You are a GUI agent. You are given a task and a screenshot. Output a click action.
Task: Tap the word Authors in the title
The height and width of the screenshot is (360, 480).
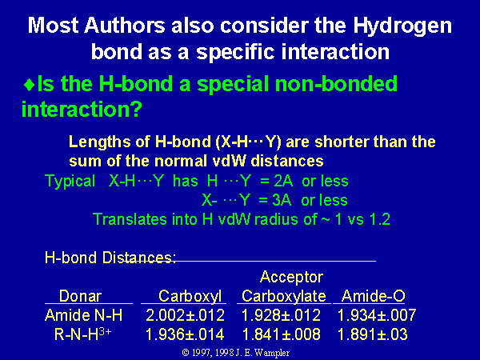point(125,25)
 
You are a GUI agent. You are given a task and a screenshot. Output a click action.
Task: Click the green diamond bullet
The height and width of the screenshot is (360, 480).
point(30,85)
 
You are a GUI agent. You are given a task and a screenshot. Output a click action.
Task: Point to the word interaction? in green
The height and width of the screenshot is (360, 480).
point(82,109)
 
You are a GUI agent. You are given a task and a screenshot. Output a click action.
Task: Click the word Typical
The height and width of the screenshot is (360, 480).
point(70,182)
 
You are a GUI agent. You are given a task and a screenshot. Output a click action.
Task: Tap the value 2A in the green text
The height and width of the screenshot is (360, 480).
point(283,182)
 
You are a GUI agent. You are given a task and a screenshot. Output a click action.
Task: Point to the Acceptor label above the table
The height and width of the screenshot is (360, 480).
point(291,277)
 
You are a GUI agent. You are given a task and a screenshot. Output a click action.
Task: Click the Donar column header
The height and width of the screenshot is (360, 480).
point(80,296)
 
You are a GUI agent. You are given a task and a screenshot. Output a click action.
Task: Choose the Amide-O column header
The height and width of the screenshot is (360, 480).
point(374,296)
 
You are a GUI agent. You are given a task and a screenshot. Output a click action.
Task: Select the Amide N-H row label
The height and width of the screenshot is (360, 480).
point(83,315)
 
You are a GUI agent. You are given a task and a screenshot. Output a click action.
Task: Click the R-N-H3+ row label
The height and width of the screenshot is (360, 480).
point(82,334)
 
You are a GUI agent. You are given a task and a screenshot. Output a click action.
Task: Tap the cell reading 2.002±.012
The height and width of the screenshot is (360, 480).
point(186,315)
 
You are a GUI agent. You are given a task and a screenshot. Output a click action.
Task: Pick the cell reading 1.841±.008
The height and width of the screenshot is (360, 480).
point(282,334)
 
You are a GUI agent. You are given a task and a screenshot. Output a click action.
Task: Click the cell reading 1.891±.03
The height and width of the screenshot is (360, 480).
point(373,334)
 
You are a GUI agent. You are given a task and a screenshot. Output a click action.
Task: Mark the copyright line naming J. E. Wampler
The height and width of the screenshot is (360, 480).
point(236,353)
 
